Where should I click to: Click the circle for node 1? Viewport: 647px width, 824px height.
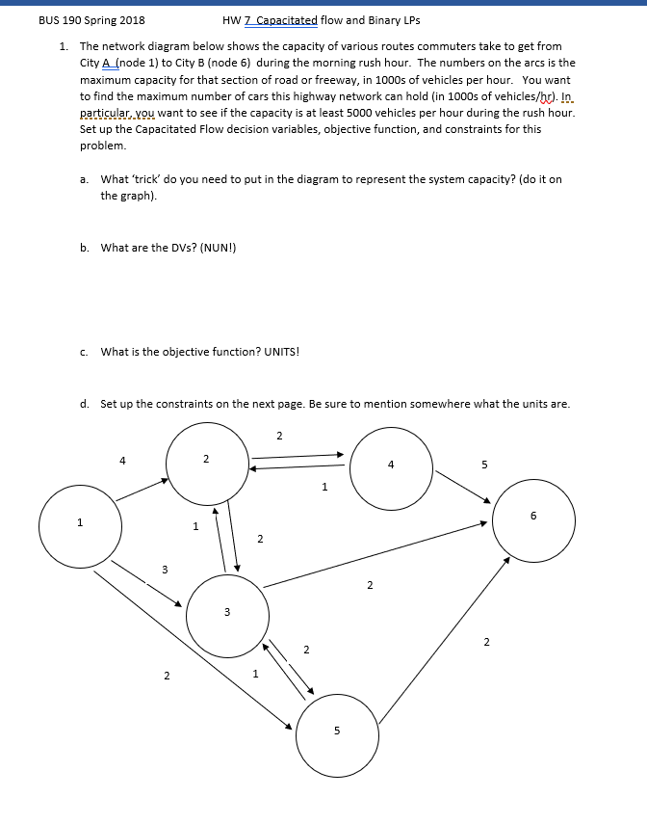80,525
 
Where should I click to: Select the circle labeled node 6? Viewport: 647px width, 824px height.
534,519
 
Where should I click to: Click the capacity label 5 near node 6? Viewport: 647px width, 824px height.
484,465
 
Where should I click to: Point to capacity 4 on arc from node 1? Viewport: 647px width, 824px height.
122,461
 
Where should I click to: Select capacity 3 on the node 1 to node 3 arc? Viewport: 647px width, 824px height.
164,570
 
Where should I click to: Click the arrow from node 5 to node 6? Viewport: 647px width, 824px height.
443,640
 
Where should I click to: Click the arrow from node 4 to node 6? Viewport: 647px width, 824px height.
464,487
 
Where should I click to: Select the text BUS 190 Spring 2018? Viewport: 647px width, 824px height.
92,20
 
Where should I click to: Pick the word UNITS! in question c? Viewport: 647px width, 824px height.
279,352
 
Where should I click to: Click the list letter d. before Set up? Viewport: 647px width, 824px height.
86,404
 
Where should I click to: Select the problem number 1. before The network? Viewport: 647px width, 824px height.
64,46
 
